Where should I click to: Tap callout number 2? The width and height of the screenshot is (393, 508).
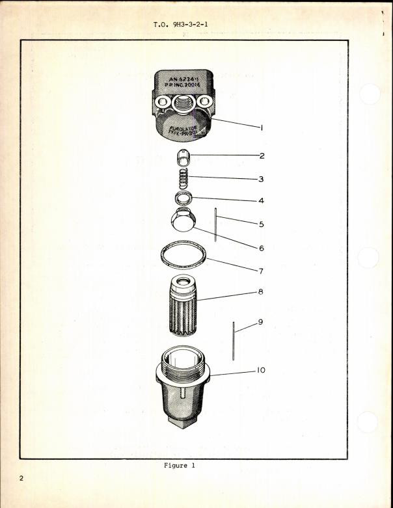coord(262,156)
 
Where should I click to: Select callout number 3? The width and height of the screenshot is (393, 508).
coord(262,179)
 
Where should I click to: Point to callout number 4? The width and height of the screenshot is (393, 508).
coord(262,201)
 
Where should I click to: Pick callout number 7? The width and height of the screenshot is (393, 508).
coord(262,271)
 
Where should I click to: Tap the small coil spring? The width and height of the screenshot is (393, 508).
coord(183,176)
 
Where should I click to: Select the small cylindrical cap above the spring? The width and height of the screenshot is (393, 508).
coord(183,157)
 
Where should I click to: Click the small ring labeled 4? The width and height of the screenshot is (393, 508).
coord(183,198)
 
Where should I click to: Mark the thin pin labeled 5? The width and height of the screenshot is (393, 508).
coord(215,223)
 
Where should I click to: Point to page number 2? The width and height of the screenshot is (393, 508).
coord(22,479)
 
